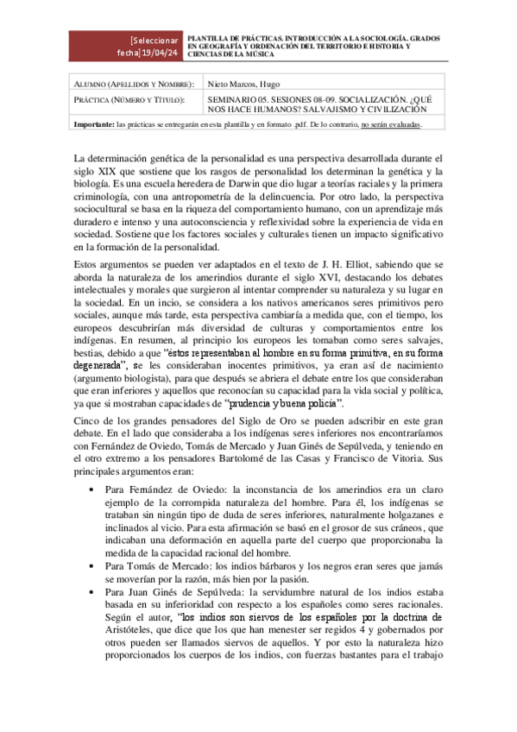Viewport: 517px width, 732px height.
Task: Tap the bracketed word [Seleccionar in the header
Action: [x=154, y=41]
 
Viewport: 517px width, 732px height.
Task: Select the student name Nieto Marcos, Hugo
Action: [x=256, y=85]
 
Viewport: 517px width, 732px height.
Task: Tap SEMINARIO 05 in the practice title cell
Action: [x=242, y=99]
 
